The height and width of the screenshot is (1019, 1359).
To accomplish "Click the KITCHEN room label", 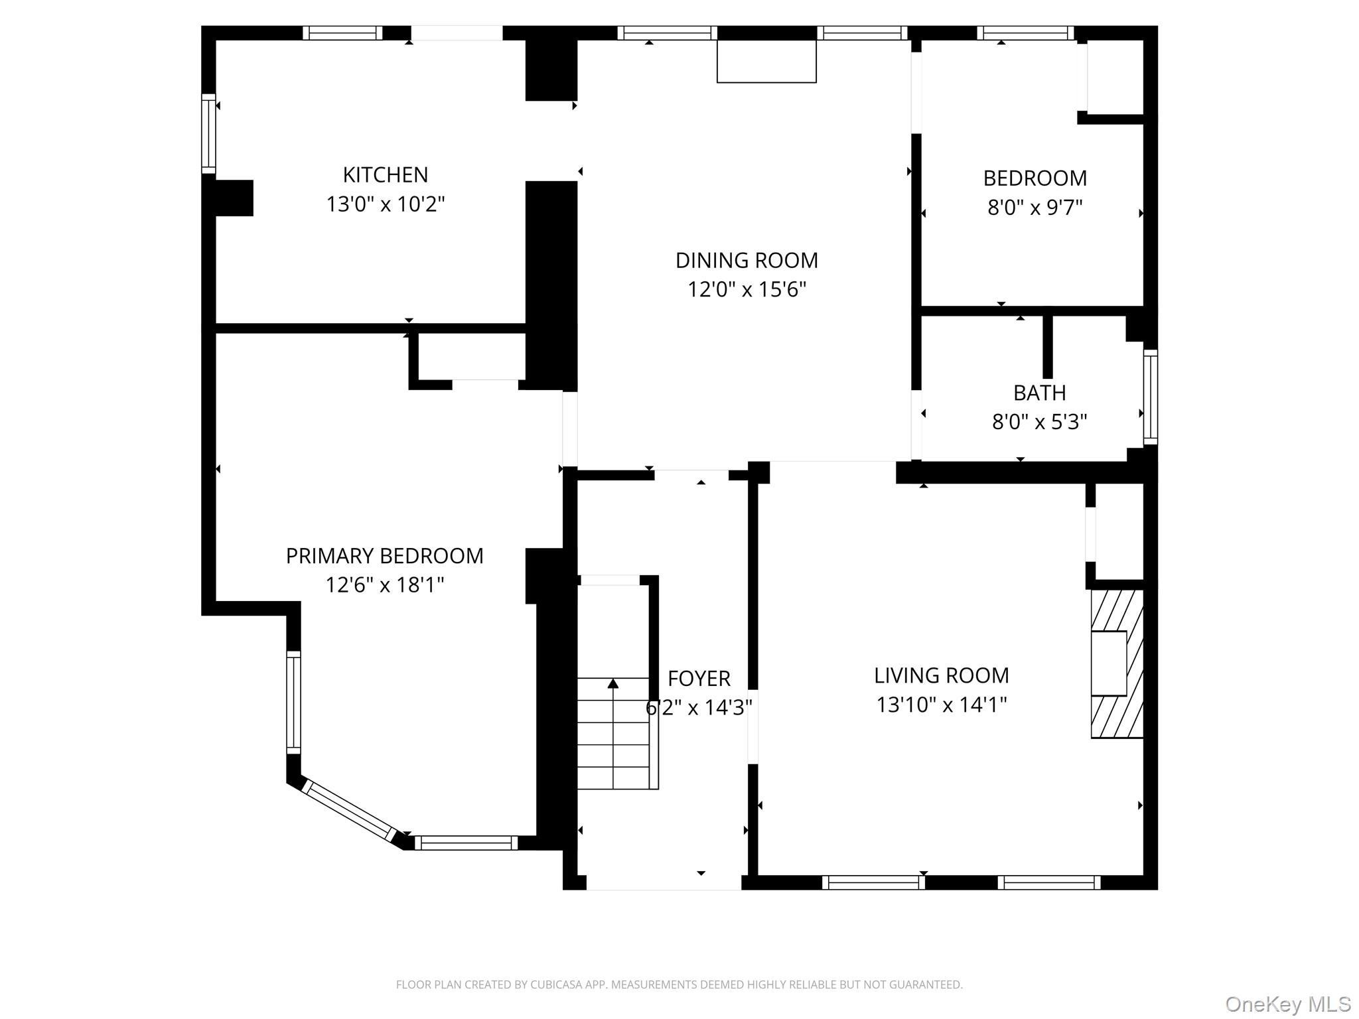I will [x=385, y=174].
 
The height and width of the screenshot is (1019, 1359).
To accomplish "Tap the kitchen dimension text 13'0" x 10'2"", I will [x=385, y=204].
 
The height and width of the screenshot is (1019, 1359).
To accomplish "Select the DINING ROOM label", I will [x=747, y=260].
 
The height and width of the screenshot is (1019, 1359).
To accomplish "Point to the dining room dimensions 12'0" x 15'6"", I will [x=747, y=289].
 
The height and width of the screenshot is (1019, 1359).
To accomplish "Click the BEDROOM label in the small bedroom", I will [x=1035, y=178].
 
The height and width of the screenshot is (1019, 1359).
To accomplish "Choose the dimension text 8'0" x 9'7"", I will [x=1035, y=208].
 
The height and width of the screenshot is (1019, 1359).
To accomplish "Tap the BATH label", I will [x=1039, y=393].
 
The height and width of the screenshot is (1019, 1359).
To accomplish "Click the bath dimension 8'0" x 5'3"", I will [x=1039, y=422].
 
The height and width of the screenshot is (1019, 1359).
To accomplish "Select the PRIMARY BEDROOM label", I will [x=384, y=555].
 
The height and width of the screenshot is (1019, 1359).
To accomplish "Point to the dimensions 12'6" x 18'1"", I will [x=384, y=584].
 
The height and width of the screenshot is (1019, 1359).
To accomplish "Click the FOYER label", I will [x=699, y=678].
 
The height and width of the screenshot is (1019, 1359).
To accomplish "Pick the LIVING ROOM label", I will [x=941, y=675].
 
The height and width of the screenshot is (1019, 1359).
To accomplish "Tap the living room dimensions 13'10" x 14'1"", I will [x=941, y=705].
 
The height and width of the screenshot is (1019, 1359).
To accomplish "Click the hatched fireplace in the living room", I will [x=1117, y=663].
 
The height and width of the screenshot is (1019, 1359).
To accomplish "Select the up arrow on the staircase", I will [x=613, y=683].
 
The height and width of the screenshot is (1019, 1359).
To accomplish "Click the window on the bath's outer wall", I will [x=1151, y=397].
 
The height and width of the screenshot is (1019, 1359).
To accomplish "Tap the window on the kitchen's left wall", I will [x=208, y=133].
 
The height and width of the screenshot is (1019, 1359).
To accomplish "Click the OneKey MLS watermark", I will [x=1287, y=1004].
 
